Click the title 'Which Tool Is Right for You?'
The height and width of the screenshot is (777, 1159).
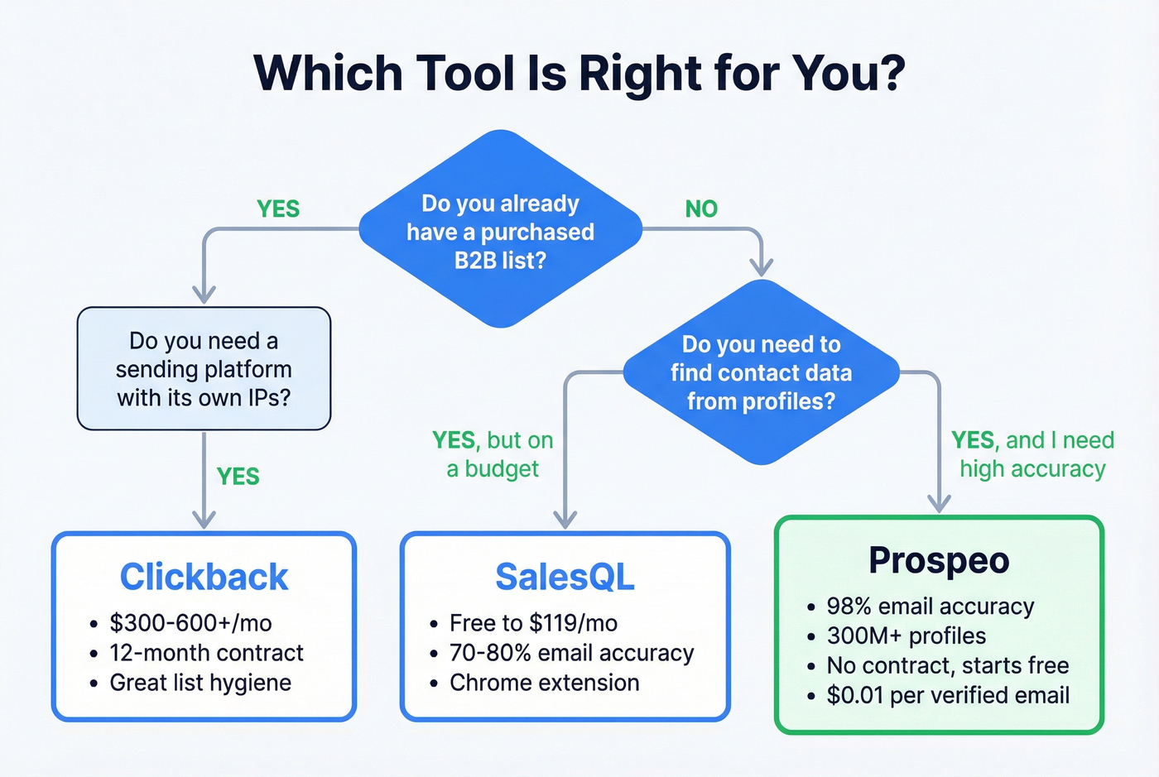(579, 73)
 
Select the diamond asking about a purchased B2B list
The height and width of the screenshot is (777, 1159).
(500, 231)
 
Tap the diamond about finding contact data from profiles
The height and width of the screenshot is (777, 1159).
(761, 372)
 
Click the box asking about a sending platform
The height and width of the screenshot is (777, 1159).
(204, 369)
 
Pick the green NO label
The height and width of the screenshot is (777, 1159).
(701, 209)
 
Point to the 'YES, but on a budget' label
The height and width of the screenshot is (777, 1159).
(493, 454)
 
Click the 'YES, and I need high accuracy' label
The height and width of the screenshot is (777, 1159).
(1032, 454)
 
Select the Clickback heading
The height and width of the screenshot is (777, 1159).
(204, 577)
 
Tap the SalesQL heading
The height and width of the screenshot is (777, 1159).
(565, 577)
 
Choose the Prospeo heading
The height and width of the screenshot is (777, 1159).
(939, 560)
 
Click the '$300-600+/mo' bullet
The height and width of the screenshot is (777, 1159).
(190, 623)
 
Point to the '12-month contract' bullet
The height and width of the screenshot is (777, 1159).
(206, 653)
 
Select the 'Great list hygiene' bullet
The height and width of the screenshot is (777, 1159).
(200, 683)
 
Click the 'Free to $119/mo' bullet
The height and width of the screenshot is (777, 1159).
(533, 623)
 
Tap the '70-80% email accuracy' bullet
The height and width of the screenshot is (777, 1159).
(571, 653)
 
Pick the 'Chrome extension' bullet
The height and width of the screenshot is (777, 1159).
(544, 683)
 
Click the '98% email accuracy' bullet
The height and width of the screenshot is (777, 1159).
(930, 607)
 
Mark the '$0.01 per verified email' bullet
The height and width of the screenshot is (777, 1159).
(948, 695)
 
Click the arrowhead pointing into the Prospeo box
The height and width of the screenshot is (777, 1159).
(939, 503)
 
